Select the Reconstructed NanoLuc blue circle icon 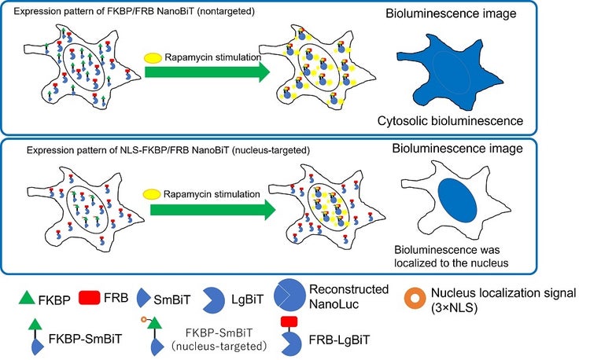coord(294,296)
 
